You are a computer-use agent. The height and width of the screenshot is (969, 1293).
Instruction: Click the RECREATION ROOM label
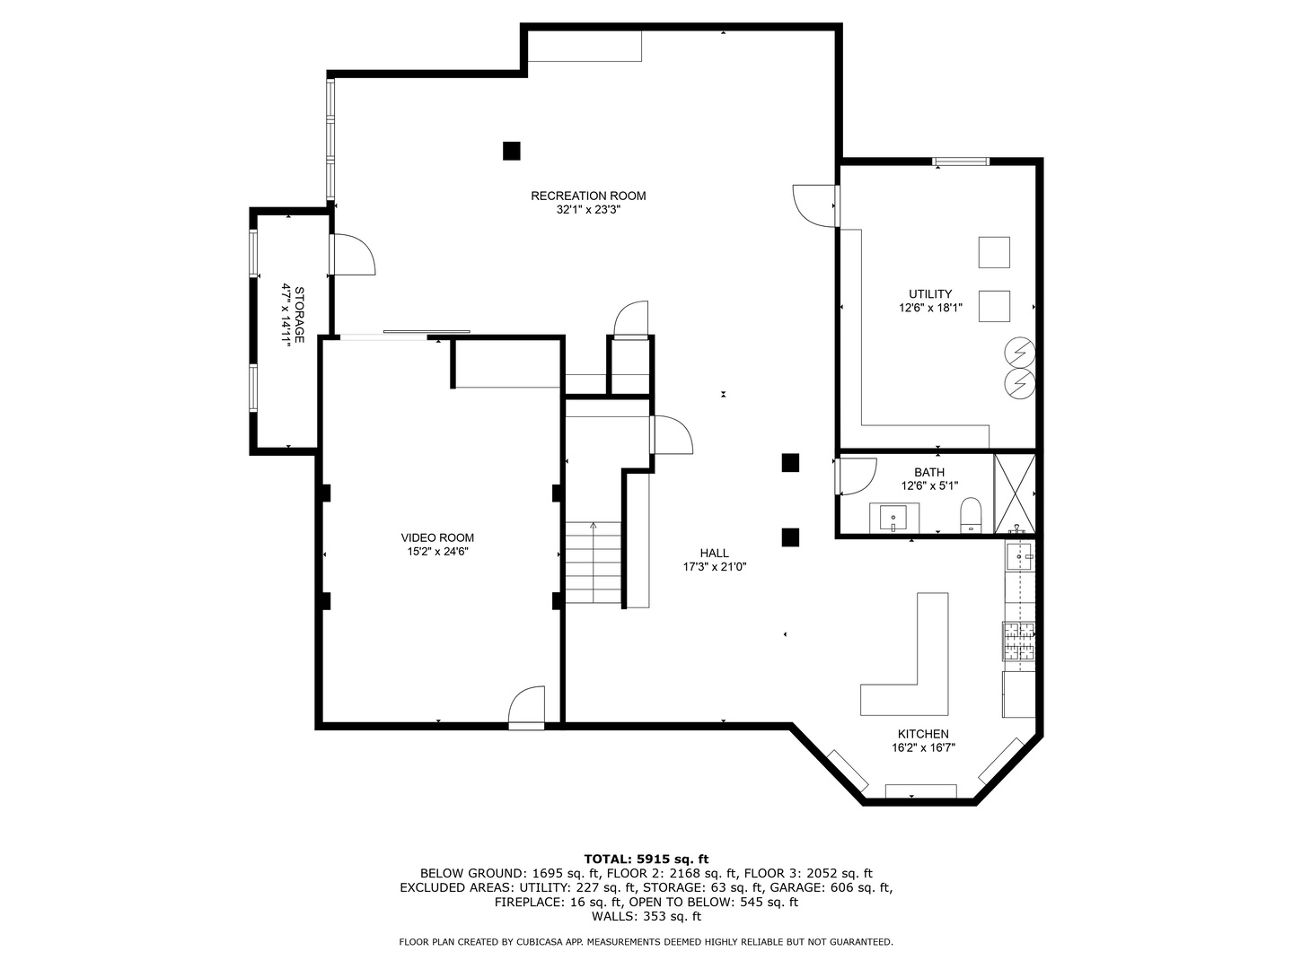[x=588, y=196]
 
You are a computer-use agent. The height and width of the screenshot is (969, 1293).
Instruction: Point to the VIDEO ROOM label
[x=437, y=537]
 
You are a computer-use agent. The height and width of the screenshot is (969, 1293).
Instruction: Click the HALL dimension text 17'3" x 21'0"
[x=715, y=567]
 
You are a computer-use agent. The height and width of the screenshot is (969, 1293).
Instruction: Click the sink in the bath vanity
[x=894, y=517]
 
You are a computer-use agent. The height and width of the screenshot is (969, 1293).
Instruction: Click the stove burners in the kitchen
[x=1018, y=642]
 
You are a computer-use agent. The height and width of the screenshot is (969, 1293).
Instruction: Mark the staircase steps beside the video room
[x=593, y=563]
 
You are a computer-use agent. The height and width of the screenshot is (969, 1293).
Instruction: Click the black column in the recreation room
[x=511, y=151]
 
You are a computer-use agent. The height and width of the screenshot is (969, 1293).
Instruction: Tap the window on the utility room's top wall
[x=960, y=161]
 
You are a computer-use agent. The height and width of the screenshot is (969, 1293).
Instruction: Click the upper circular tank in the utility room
[x=1019, y=351]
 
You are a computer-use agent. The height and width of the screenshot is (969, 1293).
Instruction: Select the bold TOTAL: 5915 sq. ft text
[x=646, y=859]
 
